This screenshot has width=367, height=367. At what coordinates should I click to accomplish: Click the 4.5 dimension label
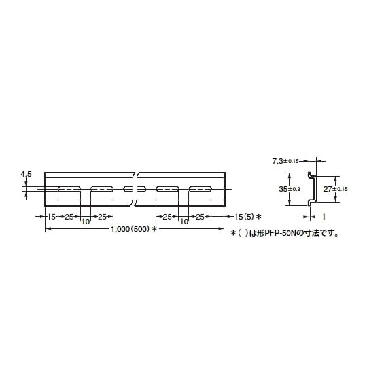pos(27,175)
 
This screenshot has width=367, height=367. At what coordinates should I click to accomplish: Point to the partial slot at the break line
pos(129,188)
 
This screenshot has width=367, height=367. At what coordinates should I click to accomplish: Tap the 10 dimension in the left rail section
pos(86,222)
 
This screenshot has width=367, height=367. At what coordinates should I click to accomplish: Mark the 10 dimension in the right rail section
pos(183,222)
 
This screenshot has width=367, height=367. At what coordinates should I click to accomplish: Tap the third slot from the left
pos(167,188)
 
